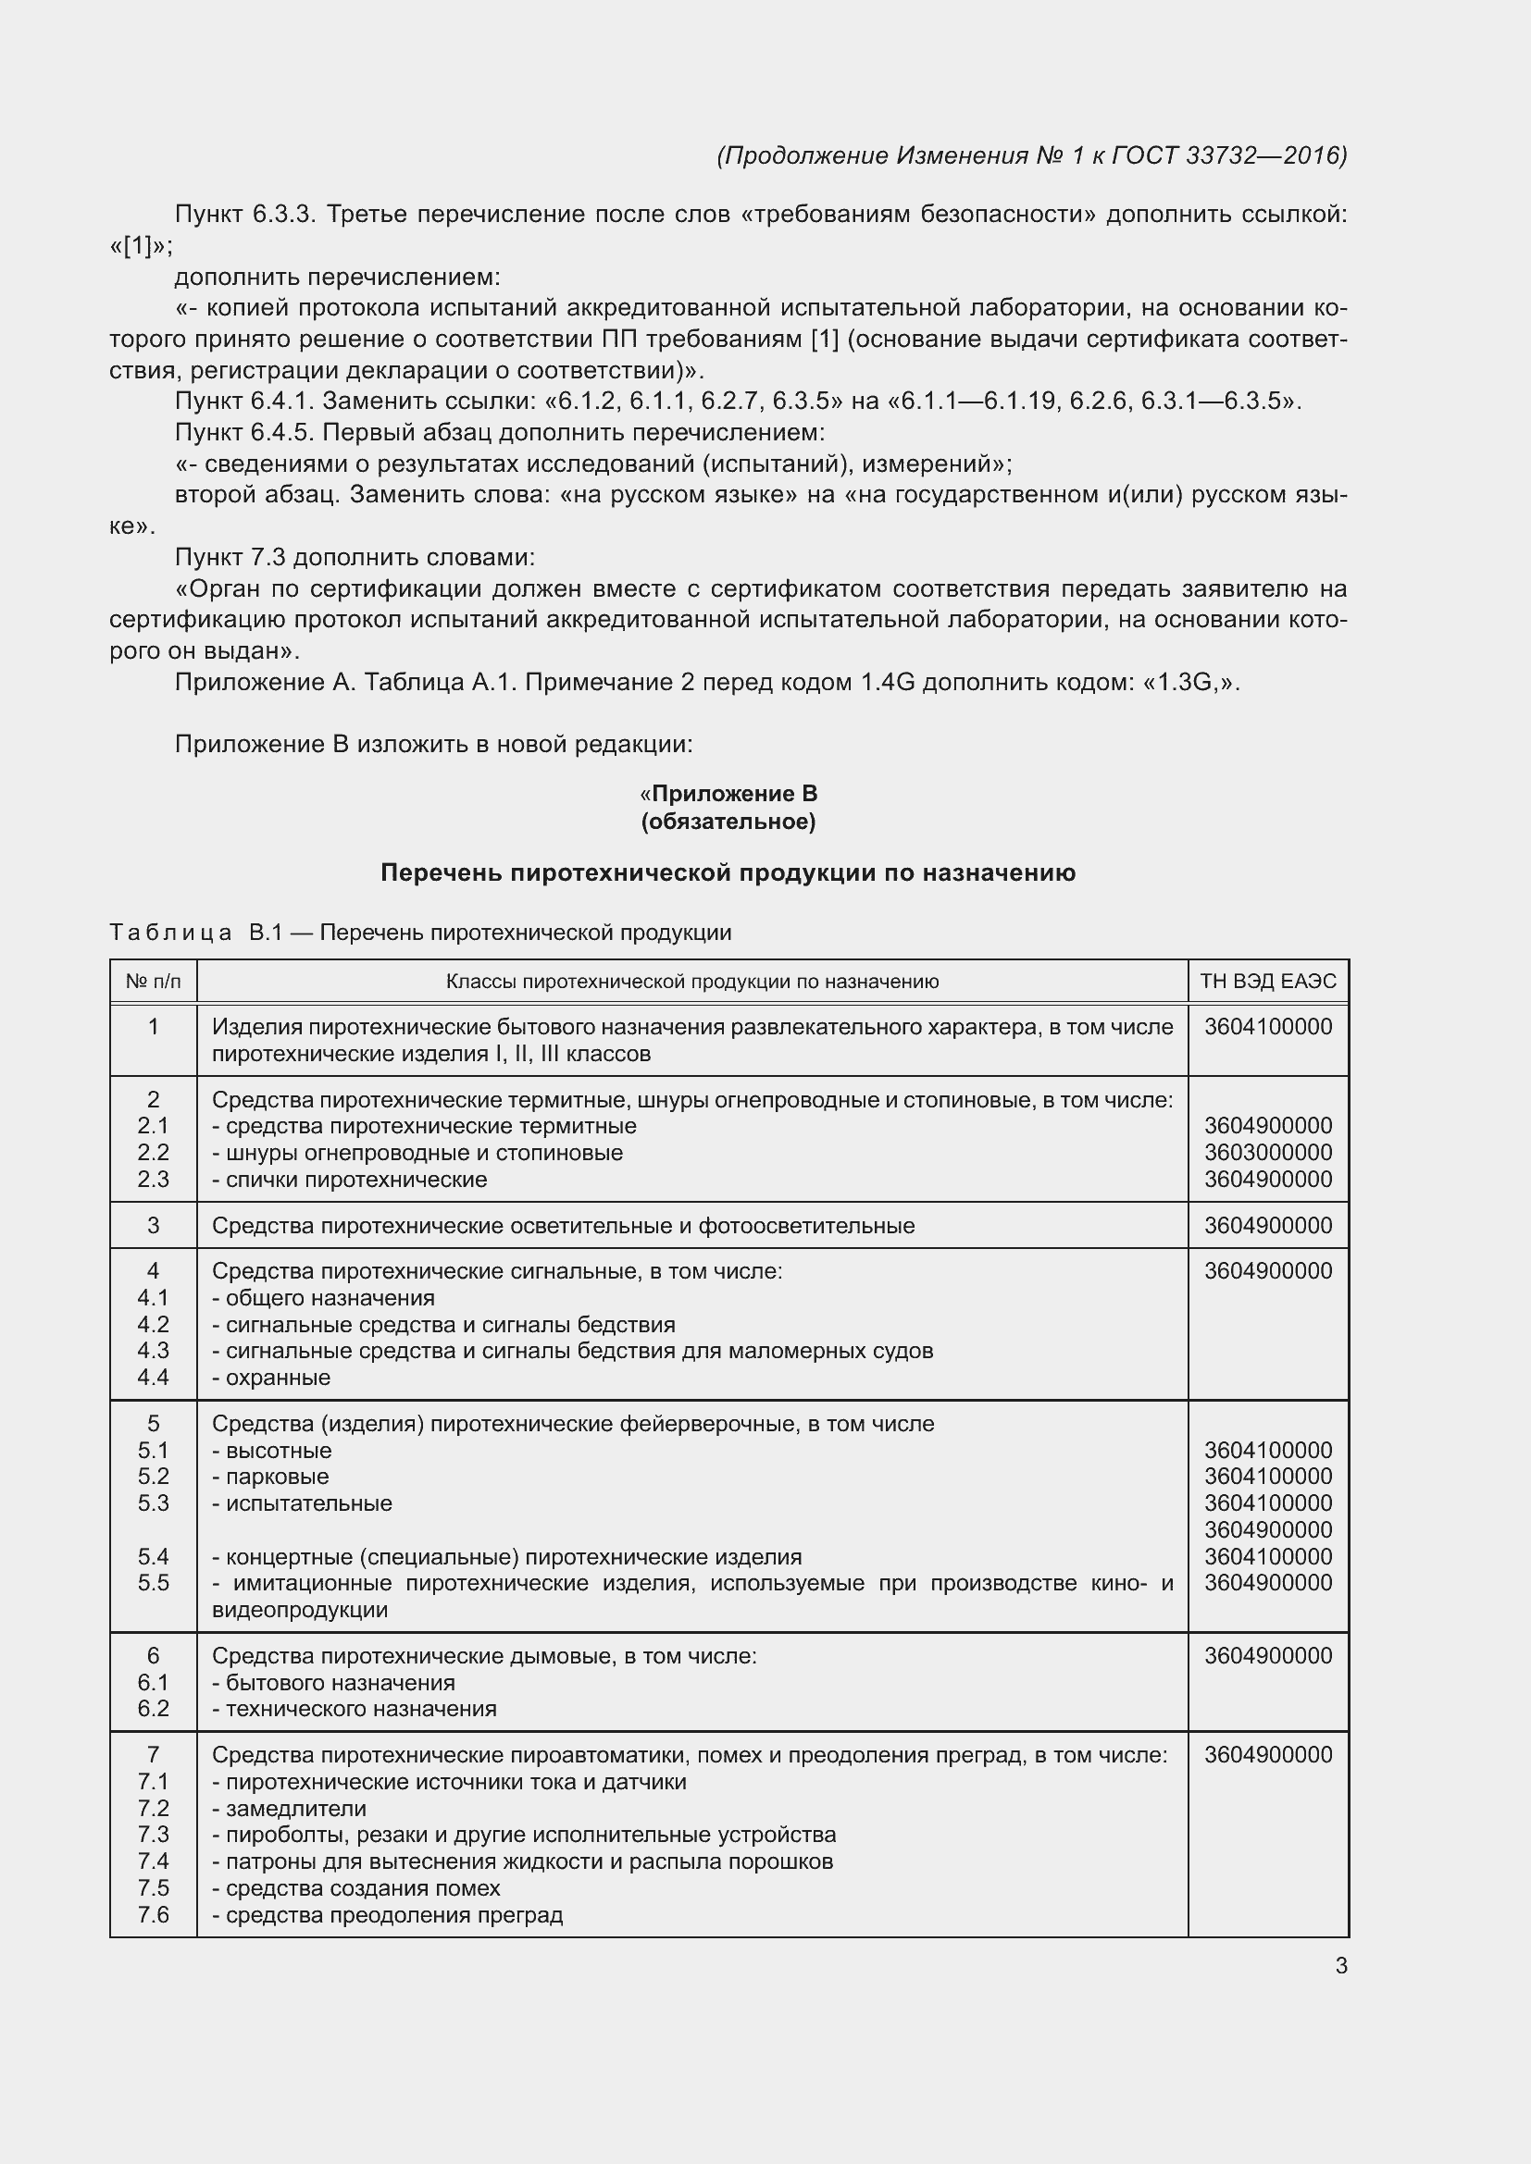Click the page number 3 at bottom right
(1340, 1966)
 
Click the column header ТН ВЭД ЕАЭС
(1268, 981)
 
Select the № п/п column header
(153, 981)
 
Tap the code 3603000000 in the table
(1268, 1153)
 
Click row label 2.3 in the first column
(153, 1179)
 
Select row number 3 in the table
(153, 1225)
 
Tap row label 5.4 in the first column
(153, 1556)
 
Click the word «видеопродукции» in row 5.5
(300, 1610)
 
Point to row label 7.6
(153, 1914)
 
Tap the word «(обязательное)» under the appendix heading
(728, 822)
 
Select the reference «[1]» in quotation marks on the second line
(140, 246)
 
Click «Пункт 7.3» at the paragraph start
(230, 557)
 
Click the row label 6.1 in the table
(153, 1682)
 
